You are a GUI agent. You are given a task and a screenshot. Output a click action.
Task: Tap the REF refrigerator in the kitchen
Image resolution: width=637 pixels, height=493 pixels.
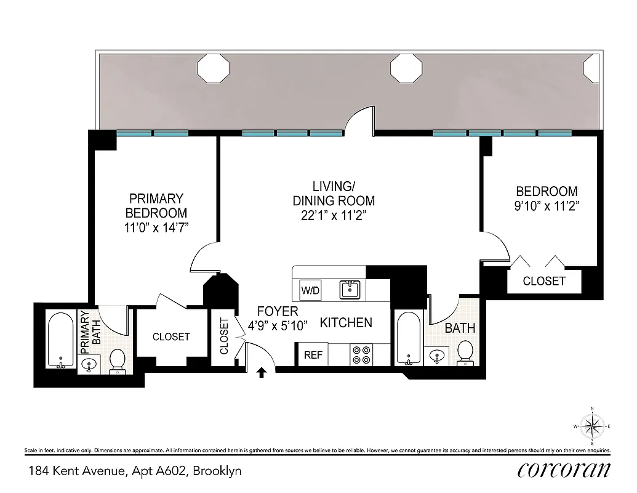(x=312, y=355)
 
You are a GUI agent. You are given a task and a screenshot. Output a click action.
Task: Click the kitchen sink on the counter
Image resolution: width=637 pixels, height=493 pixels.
(x=351, y=289)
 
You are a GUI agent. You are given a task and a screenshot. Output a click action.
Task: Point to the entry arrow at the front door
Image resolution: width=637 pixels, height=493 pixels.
(x=262, y=372)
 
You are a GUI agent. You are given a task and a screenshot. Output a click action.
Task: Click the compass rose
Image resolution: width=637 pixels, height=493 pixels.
(x=591, y=426)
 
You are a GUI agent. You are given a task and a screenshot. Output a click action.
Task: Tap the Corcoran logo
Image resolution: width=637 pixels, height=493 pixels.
(x=564, y=470)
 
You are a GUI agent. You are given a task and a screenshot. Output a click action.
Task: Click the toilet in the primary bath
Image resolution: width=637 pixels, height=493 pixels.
(x=117, y=361)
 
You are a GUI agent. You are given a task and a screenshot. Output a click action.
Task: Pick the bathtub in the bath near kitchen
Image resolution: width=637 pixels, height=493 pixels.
(x=409, y=338)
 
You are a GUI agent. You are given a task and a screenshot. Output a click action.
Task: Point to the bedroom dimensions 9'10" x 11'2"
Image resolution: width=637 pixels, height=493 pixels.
(x=547, y=206)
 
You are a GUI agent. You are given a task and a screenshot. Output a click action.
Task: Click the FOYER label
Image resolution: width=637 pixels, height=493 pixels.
(x=278, y=312)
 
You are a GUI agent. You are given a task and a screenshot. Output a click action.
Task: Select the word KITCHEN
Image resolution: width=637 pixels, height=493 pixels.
(x=346, y=322)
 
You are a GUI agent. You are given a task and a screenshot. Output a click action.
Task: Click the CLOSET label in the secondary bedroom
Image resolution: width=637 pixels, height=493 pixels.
(x=544, y=281)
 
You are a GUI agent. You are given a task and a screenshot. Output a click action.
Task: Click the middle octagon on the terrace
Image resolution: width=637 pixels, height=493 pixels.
(x=406, y=68)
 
